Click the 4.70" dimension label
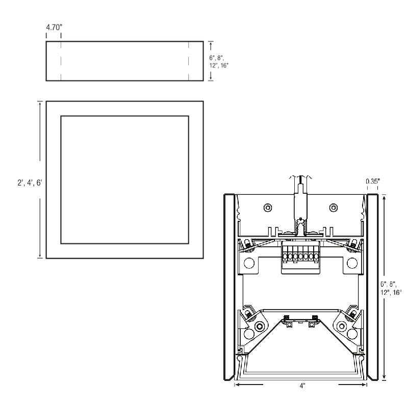pyautogui.click(x=54, y=27)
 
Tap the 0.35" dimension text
pyautogui.click(x=373, y=181)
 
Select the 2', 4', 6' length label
pyautogui.click(x=30, y=183)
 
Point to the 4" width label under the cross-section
pyautogui.click(x=302, y=386)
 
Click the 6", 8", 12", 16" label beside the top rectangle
pyautogui.click(x=219, y=62)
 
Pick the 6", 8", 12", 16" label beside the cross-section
pyautogui.click(x=391, y=288)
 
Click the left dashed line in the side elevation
pyautogui.click(x=61, y=61)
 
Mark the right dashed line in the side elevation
pyautogui.click(x=188, y=61)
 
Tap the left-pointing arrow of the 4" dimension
pyautogui.click(x=249, y=385)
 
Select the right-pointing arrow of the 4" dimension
pyautogui.click(x=352, y=385)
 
